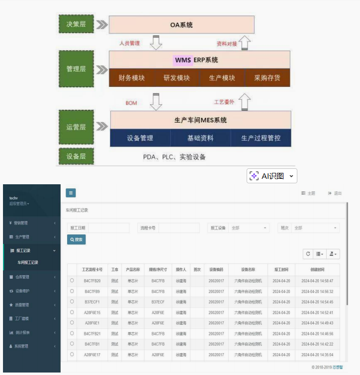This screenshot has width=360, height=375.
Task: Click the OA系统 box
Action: point(181,24)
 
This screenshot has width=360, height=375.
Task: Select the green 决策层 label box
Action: point(76,24)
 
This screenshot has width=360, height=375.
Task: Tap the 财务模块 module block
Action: point(131,78)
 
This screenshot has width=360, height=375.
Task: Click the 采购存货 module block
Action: point(267,78)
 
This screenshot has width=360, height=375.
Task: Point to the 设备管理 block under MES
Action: point(140,138)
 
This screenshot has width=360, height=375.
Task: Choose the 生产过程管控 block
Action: point(261,138)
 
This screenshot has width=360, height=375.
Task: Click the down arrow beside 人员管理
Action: point(156,43)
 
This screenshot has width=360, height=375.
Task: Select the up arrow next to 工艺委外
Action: point(245,102)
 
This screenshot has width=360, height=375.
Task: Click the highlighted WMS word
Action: point(183,60)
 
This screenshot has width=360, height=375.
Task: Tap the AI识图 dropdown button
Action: point(272,176)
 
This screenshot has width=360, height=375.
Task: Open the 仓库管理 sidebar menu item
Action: point(22,277)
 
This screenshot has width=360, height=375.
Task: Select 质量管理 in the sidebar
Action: point(22,304)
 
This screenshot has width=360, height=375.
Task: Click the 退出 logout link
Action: point(335,193)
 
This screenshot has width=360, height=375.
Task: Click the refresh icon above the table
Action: point(308,254)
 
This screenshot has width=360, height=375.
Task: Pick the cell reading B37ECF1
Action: point(92,302)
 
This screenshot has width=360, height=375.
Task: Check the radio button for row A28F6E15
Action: point(72,312)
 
